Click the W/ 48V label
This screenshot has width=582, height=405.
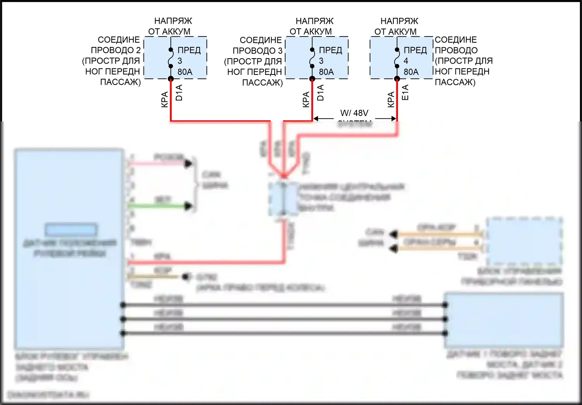354,113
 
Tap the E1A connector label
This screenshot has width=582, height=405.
405,92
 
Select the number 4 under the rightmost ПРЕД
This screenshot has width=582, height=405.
406,61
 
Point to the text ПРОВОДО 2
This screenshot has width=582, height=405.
116,50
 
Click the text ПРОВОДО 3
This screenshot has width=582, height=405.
258,50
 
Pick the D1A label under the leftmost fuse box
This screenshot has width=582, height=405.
179,92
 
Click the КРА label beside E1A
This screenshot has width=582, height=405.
391,99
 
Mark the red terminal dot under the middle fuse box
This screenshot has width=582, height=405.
312,79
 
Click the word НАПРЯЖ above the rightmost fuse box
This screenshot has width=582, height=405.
399,21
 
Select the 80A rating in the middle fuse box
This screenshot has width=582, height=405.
326,72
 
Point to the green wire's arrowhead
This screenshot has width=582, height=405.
189,206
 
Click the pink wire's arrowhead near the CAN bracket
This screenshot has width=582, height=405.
189,164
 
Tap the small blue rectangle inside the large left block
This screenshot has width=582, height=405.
71,230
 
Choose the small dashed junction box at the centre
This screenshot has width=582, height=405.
284,199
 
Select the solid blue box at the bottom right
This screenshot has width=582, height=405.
504,320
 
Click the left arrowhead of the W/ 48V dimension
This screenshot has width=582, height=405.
315,118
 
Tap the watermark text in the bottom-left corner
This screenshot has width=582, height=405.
48,395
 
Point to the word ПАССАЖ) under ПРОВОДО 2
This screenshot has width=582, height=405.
120,82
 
